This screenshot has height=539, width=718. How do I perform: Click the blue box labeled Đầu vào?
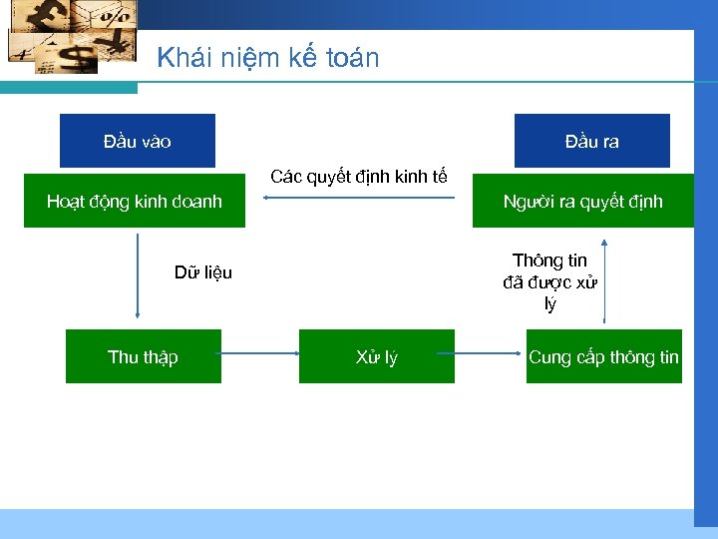(x=137, y=141)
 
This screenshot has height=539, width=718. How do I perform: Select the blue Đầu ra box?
(x=591, y=141)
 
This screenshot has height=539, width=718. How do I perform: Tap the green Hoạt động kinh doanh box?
(x=134, y=202)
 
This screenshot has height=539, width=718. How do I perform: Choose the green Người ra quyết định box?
(x=582, y=202)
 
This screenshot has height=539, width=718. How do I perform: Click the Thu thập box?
(x=143, y=356)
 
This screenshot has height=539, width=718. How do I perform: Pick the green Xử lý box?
(x=376, y=356)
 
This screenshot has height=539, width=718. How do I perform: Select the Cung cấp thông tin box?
(x=603, y=356)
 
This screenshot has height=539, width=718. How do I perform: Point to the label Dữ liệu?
(x=203, y=272)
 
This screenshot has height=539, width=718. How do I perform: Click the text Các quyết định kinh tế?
(x=359, y=178)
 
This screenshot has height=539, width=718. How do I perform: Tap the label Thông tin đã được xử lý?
(x=550, y=282)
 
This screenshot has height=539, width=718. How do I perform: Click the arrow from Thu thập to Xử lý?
(x=260, y=354)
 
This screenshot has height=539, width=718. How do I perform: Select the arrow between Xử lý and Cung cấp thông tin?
(x=490, y=354)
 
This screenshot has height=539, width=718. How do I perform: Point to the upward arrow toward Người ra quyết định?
(x=604, y=279)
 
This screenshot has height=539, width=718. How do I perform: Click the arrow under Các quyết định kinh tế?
(x=359, y=198)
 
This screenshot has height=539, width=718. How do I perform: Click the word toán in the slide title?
(x=352, y=58)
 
